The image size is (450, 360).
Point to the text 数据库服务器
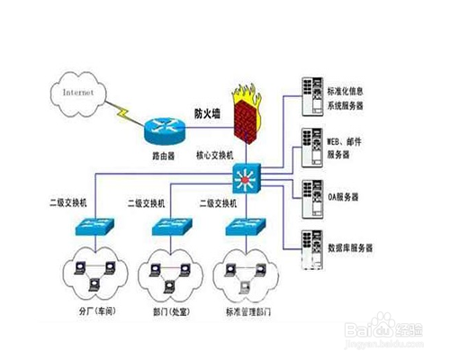(x=351, y=247)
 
